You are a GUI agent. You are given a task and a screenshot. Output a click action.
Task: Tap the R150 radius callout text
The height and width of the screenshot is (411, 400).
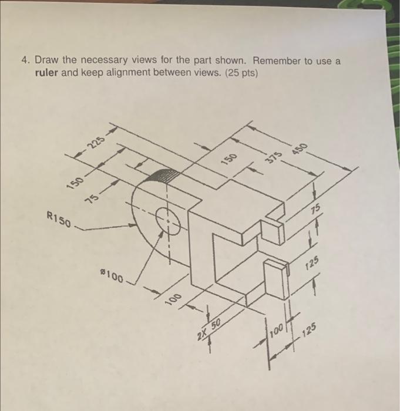point(59,219)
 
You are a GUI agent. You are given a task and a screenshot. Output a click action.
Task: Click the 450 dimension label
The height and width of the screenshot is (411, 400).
point(300,149)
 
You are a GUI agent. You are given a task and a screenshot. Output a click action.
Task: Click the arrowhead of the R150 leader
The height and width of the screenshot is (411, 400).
point(133,225)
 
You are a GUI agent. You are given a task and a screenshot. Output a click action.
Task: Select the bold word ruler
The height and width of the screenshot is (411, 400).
point(46,73)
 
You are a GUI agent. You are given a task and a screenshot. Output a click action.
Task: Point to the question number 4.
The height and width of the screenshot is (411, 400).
point(25,60)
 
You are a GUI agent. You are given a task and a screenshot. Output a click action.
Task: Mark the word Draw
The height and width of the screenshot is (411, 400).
point(46,60)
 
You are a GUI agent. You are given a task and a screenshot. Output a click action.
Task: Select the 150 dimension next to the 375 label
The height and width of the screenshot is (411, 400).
point(230,159)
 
